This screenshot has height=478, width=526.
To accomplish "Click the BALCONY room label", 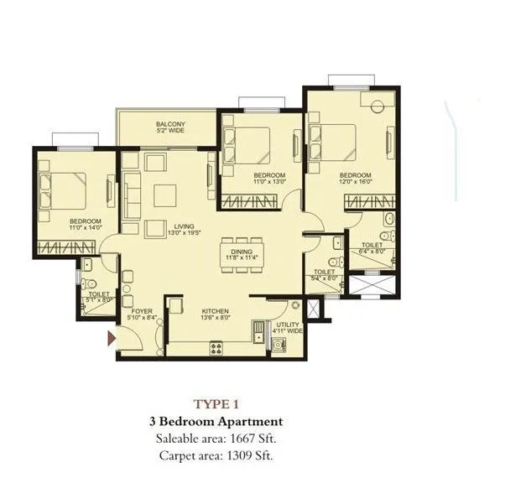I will coord(170,124).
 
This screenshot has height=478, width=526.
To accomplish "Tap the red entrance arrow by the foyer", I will coord(111,338).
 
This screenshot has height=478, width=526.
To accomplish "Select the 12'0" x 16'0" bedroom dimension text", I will coord(331,181).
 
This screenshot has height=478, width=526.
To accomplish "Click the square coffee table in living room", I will coord(164,195).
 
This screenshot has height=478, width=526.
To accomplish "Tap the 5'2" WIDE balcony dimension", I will coord(170,132).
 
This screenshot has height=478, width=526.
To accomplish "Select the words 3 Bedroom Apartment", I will coord(217,421).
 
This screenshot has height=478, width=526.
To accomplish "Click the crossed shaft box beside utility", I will coord(314,307).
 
